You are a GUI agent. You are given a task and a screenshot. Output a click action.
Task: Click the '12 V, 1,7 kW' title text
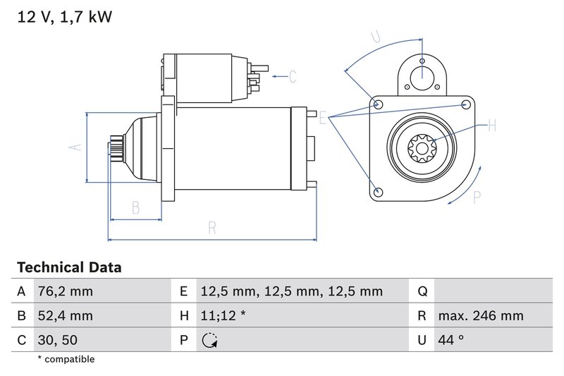tap(64, 16)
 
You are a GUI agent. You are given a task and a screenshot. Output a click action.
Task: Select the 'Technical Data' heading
tap(68, 267)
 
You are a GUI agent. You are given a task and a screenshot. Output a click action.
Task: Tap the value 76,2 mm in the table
tap(64, 291)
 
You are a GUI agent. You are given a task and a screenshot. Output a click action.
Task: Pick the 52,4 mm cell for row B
tap(64, 316)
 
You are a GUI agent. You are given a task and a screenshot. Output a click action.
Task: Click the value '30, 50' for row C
tap(58, 340)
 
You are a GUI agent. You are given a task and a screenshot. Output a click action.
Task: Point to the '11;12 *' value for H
tap(223, 316)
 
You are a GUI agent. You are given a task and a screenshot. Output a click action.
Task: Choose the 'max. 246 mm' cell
tap(480, 316)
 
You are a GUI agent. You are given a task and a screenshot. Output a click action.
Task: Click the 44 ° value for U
tap(450, 340)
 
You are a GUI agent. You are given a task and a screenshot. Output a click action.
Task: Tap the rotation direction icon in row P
tap(209, 341)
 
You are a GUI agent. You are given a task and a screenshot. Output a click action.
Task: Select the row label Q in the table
tap(422, 291)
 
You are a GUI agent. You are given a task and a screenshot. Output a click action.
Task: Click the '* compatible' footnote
tap(66, 360)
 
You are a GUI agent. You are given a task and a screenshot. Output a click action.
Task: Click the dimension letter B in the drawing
tap(136, 207)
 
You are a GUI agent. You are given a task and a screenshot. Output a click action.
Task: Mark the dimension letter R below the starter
tap(211, 227)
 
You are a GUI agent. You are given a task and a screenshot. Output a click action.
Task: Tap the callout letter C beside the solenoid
tap(293, 75)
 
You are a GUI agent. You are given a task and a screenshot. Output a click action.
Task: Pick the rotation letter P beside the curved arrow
tap(477, 198)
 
